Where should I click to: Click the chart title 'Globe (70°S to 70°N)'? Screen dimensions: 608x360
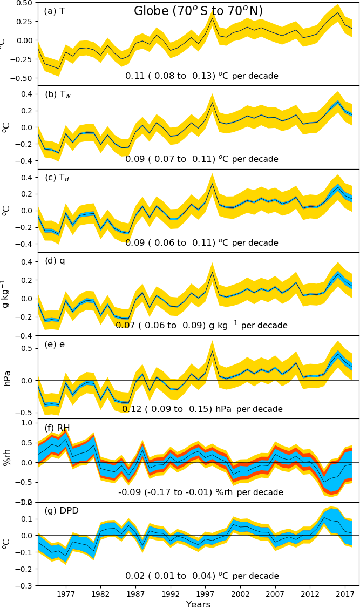(198, 11)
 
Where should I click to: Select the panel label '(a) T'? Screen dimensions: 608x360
(55, 11)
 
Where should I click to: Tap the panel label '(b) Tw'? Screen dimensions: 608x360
(58, 95)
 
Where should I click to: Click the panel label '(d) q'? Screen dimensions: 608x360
(55, 261)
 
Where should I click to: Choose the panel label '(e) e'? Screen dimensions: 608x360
(55, 344)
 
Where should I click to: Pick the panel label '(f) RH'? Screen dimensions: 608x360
(57, 428)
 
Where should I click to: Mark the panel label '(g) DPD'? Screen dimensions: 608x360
(62, 511)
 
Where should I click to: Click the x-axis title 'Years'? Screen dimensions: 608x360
(198, 604)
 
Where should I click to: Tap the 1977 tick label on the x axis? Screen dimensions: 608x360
(66, 593)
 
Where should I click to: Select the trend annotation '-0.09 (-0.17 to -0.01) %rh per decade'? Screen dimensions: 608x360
(201, 492)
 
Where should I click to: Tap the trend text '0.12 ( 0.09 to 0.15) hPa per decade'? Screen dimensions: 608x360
(202, 409)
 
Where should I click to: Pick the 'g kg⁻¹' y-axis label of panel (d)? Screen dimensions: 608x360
(6, 294)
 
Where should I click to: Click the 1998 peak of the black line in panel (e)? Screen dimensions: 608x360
(213, 352)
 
